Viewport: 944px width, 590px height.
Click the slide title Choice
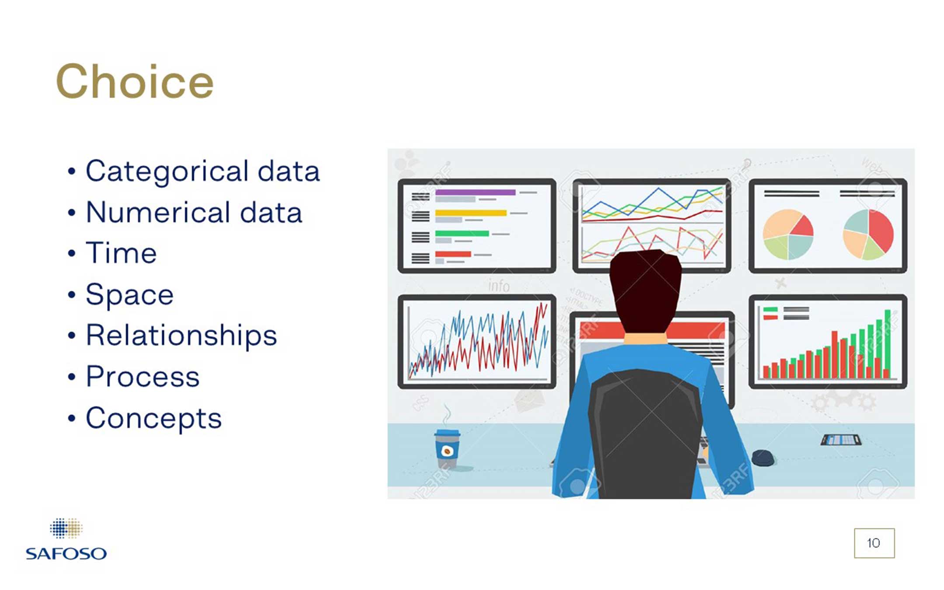coord(135,82)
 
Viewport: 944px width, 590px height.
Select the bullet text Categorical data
coord(203,171)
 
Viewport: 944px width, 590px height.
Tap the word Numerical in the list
coord(158,213)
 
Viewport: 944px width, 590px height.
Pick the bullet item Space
coord(129,295)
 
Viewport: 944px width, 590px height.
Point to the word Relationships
coord(181,335)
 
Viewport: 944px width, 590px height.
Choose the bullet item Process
coord(143,377)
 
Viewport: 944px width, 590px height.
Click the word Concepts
coord(154,419)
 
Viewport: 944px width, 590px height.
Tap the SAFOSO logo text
coord(66,554)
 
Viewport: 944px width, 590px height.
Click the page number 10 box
coord(874,543)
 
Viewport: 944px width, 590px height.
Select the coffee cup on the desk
coord(447,448)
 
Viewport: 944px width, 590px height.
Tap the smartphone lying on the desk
coord(841,440)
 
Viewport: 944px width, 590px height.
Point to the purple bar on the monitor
coord(475,192)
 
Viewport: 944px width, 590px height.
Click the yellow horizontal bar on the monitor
coord(471,213)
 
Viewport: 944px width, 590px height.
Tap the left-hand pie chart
coord(788,234)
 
